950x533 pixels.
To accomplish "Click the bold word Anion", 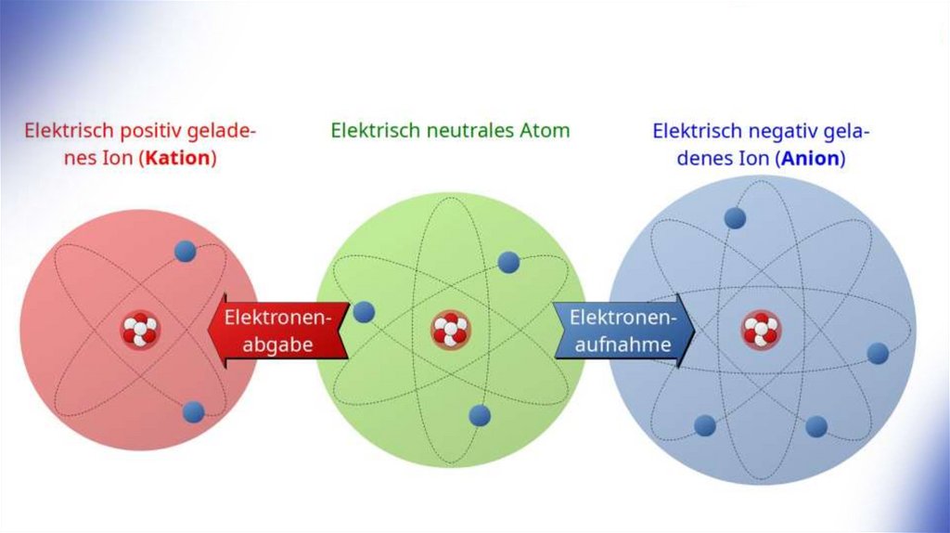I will tap(812, 159).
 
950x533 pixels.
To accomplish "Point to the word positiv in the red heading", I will tap(138, 131).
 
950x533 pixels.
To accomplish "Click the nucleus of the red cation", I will tap(140, 329).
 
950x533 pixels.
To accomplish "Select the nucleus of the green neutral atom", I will tap(450, 330).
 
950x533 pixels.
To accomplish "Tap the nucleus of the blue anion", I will tap(760, 329).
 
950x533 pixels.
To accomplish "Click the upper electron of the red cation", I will tap(185, 251).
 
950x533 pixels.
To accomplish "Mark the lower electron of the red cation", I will tap(193, 411).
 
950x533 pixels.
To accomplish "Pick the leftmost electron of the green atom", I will tap(364, 312).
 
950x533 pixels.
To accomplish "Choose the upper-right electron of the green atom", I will tap(507, 262).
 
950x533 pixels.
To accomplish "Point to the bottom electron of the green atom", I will tap(479, 415).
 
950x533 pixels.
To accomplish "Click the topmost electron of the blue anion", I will tap(735, 217).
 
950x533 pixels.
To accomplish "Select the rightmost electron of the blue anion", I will tap(878, 353).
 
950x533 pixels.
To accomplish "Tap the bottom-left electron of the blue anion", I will tap(705, 425).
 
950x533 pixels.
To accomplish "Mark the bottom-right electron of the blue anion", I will tap(816, 426).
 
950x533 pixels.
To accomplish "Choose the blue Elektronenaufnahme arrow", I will tap(624, 331).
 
